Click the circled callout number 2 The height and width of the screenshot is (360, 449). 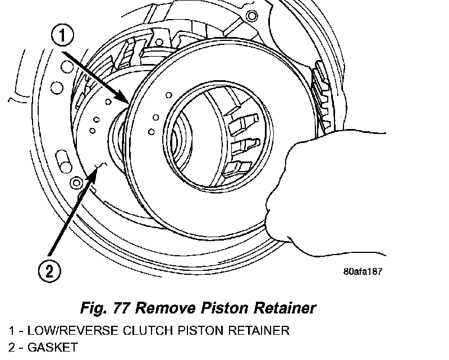[49, 271]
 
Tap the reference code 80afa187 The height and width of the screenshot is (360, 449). [363, 271]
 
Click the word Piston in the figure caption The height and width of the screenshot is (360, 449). [221, 308]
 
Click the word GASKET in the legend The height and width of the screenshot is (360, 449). [54, 348]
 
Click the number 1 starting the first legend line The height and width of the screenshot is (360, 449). [11, 330]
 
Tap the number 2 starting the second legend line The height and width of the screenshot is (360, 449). [11, 348]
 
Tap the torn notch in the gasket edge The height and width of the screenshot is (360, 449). [101, 165]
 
